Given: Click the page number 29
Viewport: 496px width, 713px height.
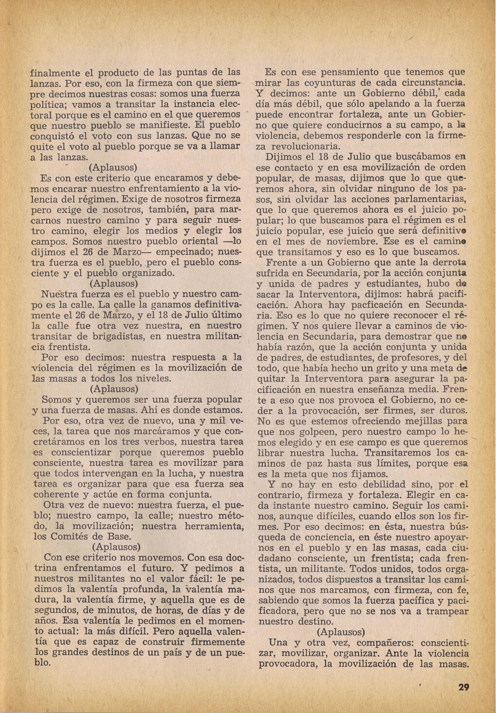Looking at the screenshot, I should pos(463,687).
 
